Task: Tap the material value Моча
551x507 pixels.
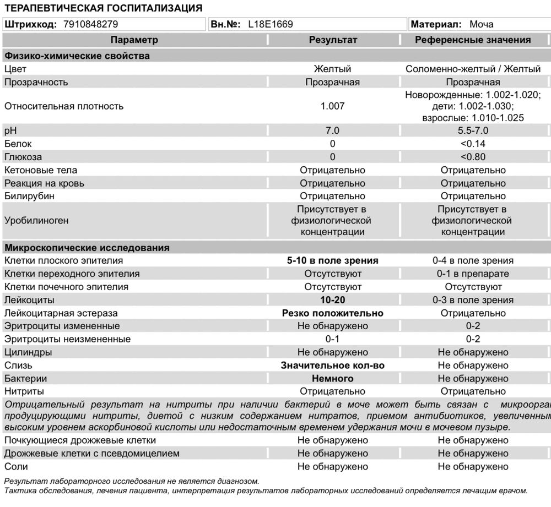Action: tap(482, 24)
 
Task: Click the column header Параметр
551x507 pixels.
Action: tap(134, 40)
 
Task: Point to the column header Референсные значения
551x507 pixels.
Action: tap(473, 40)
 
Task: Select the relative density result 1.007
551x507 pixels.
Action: tap(332, 106)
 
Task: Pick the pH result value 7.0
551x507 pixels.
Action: tap(332, 130)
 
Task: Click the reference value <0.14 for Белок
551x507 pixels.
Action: tap(473, 144)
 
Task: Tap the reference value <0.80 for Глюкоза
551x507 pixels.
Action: tap(473, 157)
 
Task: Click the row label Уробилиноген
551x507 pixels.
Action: tap(36, 220)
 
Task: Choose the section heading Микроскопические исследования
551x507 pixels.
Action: tap(87, 248)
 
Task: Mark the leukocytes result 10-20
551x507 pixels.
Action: tap(332, 300)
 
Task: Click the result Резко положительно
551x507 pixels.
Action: tap(332, 313)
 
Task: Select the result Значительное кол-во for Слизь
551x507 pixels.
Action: tap(332, 366)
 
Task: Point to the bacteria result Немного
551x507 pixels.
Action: tap(332, 379)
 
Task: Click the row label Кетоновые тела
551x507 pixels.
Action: tap(41, 170)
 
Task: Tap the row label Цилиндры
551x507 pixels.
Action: tap(28, 352)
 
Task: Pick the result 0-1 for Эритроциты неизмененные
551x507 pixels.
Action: tap(332, 339)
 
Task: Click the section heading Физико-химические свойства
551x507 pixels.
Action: tap(77, 56)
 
